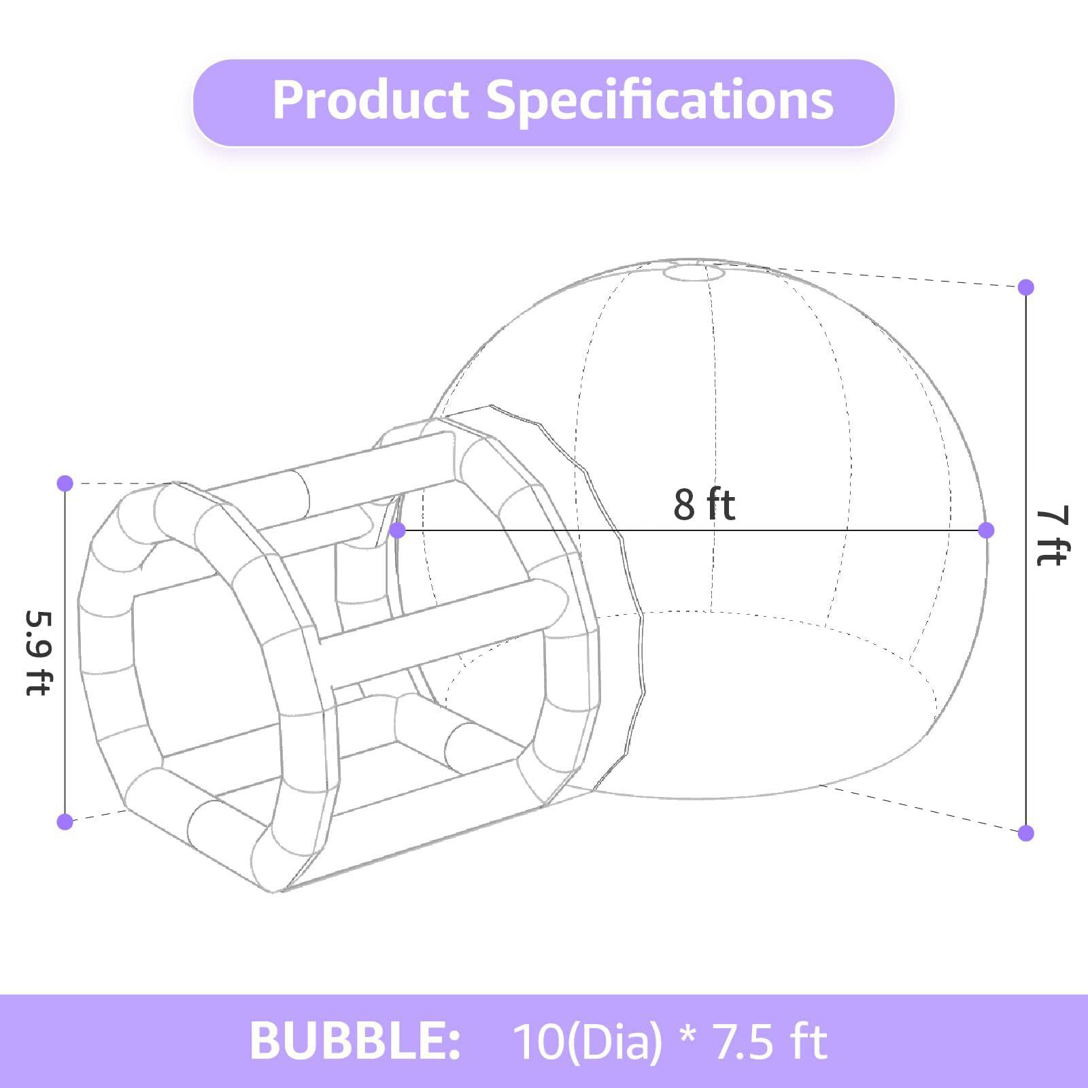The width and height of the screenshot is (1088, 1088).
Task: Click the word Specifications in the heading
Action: (660, 101)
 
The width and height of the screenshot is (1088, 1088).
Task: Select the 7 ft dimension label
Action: (1052, 535)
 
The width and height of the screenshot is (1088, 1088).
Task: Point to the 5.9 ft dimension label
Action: (38, 652)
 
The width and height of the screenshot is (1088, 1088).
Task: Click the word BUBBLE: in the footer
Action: (355, 1040)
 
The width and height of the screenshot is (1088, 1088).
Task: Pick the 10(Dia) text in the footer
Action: (588, 1041)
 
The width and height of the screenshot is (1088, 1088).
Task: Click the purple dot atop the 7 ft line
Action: (1026, 287)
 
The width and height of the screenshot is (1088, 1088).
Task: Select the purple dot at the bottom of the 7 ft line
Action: (1026, 832)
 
